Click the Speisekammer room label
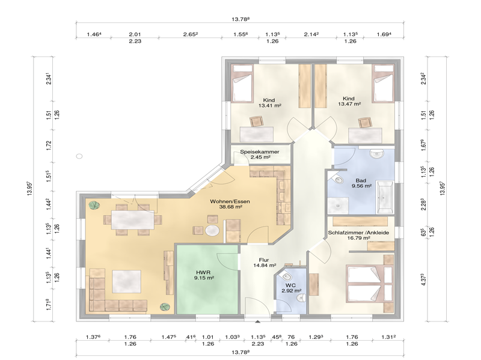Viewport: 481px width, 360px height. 260,152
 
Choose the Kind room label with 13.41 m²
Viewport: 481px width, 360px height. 269,100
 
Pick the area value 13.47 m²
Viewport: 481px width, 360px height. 349,104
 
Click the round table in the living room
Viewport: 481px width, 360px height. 212,230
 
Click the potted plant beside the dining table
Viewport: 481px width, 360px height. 93,206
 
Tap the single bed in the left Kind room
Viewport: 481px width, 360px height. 242,87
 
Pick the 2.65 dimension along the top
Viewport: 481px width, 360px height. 191,35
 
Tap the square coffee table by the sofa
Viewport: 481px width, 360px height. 126,281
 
